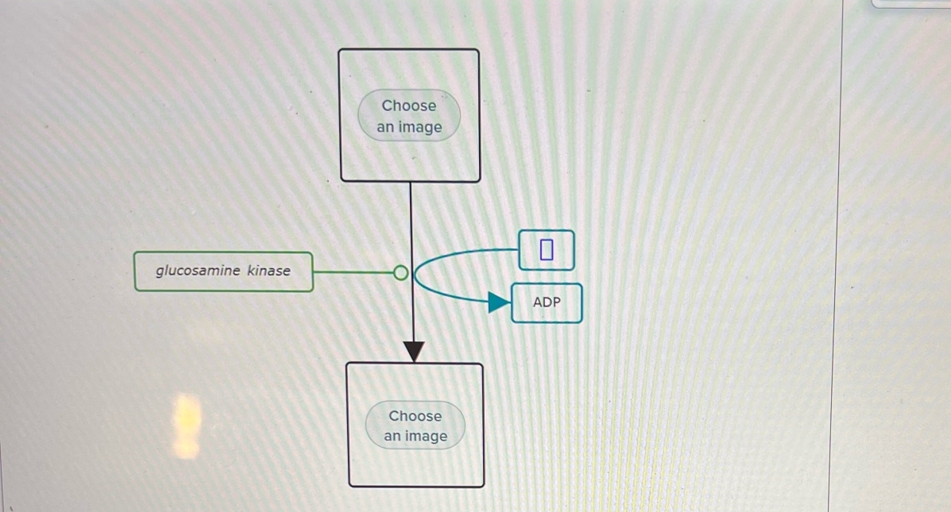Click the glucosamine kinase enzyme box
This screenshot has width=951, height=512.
(223, 271)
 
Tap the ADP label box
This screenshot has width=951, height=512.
(547, 302)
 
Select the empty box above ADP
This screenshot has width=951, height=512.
(546, 250)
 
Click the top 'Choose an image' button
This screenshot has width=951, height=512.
(409, 116)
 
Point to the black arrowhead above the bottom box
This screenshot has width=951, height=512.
(414, 351)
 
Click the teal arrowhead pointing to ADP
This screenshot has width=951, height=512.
(499, 302)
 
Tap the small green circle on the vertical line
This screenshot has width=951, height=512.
(401, 273)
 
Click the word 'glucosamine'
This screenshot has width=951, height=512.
(198, 271)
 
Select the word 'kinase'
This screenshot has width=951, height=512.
(269, 271)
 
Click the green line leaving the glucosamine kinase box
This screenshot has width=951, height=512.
(354, 272)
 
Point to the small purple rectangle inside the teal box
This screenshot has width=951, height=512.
(546, 250)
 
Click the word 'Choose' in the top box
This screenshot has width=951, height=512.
(409, 106)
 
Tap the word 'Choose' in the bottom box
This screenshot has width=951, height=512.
(415, 416)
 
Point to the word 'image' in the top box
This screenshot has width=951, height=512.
(421, 127)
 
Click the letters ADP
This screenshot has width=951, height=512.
(547, 302)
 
